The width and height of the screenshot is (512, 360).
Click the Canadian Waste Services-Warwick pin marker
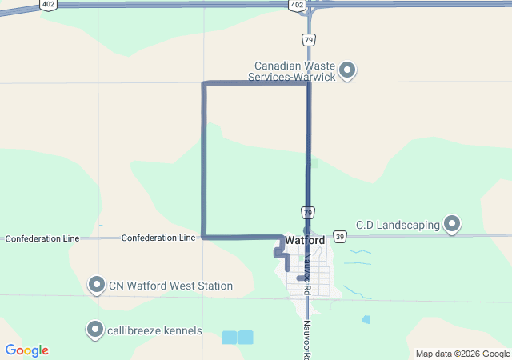(347, 71)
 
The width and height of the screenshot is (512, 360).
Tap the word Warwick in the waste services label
(313, 77)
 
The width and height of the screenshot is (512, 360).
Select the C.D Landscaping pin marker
(452, 224)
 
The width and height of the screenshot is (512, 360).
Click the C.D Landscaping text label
(398, 226)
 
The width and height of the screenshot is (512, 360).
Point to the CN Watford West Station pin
(97, 285)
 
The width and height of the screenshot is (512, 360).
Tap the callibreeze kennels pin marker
(97, 330)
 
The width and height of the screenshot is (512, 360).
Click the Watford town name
(304, 240)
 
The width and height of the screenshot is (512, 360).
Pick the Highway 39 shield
(340, 237)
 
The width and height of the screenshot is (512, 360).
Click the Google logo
(27, 350)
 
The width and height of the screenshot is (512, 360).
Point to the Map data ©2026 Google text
(462, 354)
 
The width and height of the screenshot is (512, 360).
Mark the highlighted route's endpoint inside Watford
(298, 278)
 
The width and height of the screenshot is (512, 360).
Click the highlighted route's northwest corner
(204, 83)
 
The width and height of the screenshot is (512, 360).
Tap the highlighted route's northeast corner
(308, 83)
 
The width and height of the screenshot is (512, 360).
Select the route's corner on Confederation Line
(204, 237)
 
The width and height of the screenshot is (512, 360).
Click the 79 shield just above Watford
(308, 212)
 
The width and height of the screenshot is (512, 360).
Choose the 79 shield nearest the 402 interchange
(308, 39)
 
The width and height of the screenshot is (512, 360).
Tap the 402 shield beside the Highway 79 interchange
(298, 6)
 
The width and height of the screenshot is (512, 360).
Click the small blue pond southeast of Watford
(366, 319)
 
